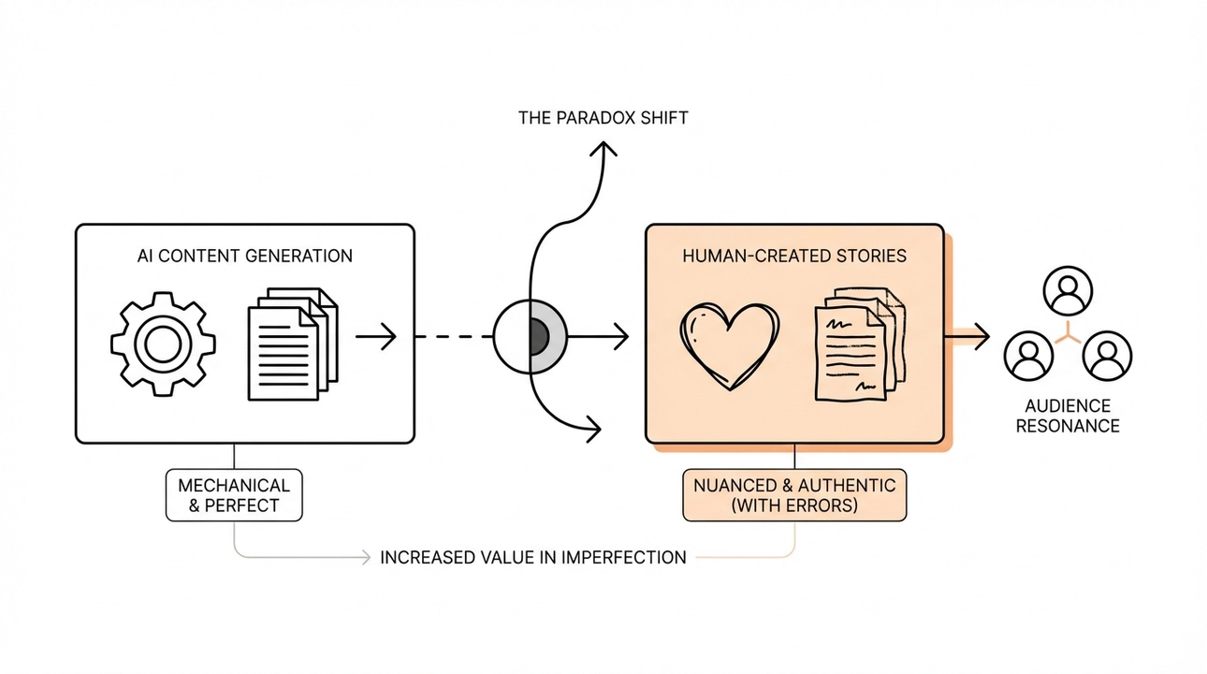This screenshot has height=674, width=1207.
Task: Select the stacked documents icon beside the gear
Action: [291, 343]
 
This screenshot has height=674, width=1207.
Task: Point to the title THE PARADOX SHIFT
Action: [603, 119]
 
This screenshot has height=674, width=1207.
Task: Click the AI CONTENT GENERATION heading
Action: [244, 255]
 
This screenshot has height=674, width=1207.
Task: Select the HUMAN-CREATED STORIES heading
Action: [794, 255]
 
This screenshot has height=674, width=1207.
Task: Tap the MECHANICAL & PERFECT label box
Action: [234, 495]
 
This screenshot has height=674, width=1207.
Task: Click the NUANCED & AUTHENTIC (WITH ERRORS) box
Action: [794, 495]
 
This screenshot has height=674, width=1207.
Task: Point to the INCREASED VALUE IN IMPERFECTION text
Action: [532, 557]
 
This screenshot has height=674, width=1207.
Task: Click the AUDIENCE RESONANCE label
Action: [1068, 416]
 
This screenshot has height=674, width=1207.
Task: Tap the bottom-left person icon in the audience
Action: [1028, 355]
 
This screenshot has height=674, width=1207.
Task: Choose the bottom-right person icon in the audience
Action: [1106, 355]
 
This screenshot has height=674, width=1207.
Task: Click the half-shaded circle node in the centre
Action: [531, 336]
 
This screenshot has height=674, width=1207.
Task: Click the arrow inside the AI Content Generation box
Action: [376, 336]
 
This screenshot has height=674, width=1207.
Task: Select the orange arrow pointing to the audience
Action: [970, 336]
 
